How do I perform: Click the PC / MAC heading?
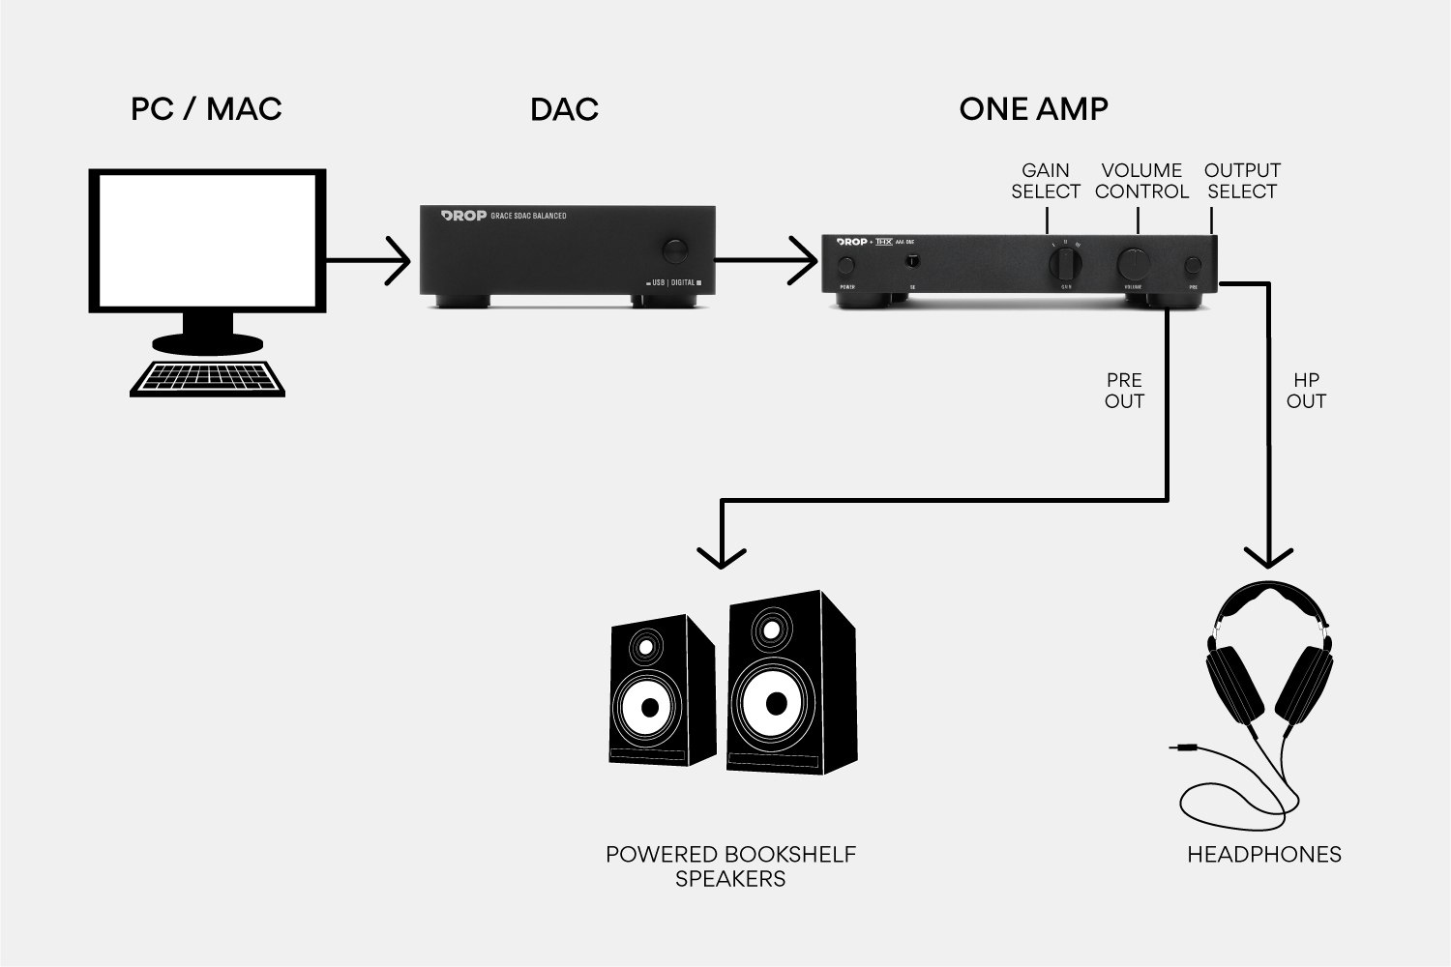(206, 109)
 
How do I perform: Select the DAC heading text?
(564, 109)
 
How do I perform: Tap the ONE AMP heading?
(1033, 109)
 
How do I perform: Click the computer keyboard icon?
(209, 378)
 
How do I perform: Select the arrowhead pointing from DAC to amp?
(803, 260)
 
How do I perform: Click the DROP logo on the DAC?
(463, 216)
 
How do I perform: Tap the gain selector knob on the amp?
(1066, 262)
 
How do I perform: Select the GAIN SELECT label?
(1046, 181)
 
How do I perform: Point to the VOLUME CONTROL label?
(1141, 181)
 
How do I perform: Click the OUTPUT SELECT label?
(1242, 181)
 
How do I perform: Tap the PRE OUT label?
(1124, 391)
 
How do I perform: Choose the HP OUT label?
(1306, 391)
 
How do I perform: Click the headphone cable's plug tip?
(1175, 747)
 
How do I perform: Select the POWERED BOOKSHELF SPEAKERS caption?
(730, 866)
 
